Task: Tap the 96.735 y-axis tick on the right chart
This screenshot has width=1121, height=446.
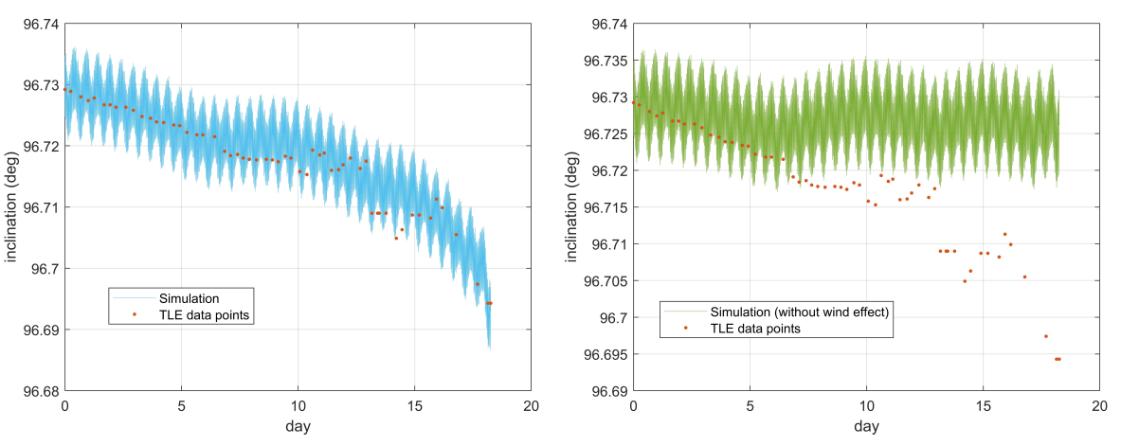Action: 603,61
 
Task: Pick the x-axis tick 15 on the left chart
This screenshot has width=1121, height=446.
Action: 414,405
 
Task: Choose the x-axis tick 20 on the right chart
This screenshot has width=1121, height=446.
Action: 1099,405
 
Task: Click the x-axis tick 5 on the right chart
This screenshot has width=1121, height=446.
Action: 750,405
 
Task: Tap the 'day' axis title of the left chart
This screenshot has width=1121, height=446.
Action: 298,426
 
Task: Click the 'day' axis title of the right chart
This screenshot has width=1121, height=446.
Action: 866,426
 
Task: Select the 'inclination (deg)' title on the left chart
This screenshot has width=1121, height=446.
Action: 11,207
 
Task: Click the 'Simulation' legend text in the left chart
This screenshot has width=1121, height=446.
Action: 190,298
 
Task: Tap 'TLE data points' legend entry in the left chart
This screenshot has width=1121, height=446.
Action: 204,314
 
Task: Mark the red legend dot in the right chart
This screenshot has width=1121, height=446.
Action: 691,328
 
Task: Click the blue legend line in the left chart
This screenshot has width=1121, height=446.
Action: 134,298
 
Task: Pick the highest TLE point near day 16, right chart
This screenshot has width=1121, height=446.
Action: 1004,234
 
